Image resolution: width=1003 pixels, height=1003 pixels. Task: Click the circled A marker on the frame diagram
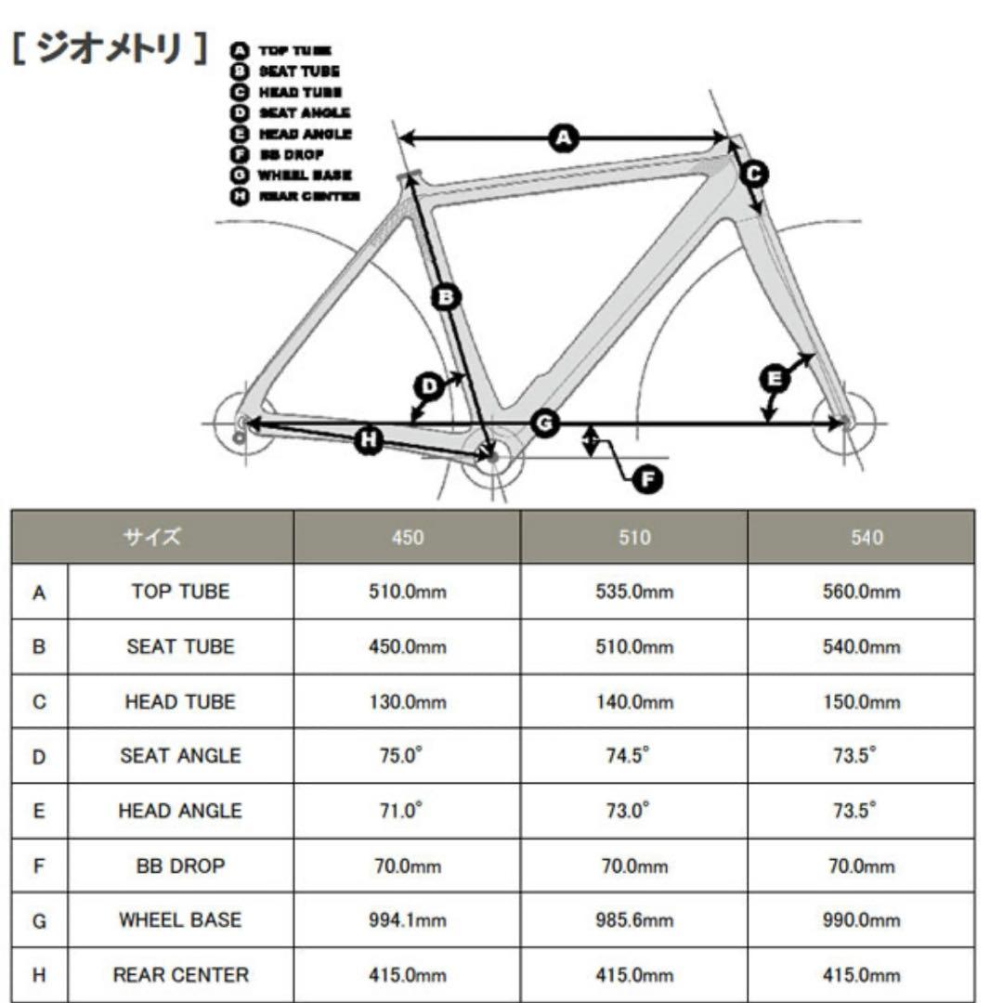coord(564,137)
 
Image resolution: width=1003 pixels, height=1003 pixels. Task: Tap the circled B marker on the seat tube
coord(446,297)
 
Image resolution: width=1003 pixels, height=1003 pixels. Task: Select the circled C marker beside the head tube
coord(754,174)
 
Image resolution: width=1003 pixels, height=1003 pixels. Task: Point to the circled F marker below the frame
coord(647,479)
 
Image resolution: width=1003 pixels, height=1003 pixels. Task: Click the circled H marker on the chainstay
coord(369,439)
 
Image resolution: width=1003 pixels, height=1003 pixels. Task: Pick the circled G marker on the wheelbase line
coord(545,423)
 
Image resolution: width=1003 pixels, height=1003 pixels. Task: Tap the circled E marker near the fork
coord(774,379)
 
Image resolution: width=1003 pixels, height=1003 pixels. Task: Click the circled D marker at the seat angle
coord(429,386)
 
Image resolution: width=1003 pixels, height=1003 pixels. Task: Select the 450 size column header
coord(408,538)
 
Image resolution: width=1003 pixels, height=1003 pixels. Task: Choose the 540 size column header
coord(866,538)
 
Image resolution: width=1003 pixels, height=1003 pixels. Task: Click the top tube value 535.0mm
coord(634,591)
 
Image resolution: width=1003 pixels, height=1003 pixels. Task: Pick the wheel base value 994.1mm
coord(408,919)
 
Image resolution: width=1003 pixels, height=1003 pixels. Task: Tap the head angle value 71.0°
coord(401,810)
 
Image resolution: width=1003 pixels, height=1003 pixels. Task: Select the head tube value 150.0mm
coord(861,702)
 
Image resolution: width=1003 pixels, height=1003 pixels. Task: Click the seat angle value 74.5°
coord(628,755)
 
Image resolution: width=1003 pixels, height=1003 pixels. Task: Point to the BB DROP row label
coord(180,866)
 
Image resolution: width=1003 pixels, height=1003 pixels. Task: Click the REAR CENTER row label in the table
coord(181,974)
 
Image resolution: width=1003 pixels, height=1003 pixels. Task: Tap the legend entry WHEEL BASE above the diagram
coord(305,175)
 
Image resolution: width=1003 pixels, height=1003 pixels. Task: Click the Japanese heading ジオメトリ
coord(110,48)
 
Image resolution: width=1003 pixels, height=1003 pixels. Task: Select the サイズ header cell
coord(152,537)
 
